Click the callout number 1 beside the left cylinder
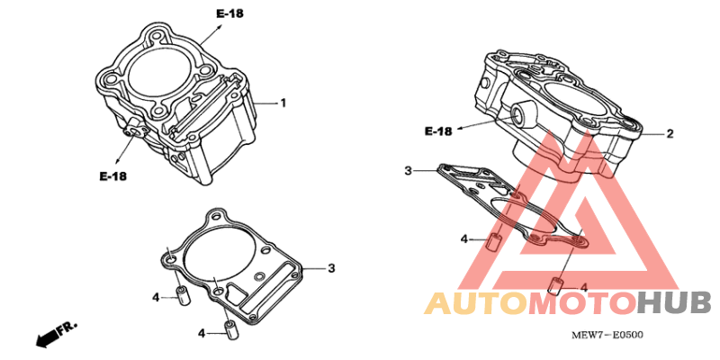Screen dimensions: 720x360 click(283, 103)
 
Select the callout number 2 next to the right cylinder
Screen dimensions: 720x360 click(670, 134)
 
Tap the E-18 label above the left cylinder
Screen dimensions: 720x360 click(229, 13)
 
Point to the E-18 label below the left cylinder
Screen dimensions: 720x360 click(113, 175)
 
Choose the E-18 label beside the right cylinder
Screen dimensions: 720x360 click(438, 131)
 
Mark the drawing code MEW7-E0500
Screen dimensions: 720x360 click(607, 335)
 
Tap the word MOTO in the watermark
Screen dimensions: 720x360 click(582, 303)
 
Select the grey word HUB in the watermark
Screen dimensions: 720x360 click(674, 303)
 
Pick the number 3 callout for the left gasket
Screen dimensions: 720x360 click(330, 268)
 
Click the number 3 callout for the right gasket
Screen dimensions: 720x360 click(408, 171)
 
